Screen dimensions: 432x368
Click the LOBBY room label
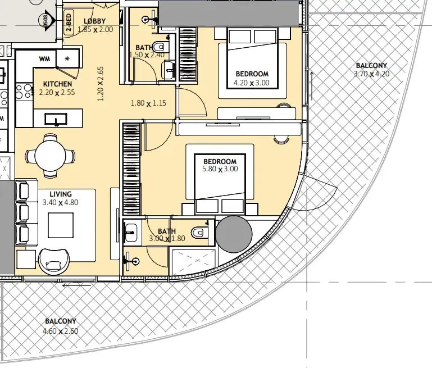pos(94,21)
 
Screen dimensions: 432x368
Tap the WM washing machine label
pos(44,58)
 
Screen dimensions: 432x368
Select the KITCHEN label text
pos(58,84)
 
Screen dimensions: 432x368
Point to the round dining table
pos(50,156)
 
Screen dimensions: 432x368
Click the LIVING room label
pos(61,194)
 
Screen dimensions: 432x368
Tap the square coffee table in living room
pos(61,225)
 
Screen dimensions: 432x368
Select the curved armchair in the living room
pos(54,262)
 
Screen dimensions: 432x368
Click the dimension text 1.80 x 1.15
pos(148,103)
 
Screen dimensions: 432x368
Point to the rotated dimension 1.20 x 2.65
pos(101,84)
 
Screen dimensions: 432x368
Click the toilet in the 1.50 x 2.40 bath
pos(158,47)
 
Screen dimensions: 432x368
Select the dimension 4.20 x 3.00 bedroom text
pos(252,83)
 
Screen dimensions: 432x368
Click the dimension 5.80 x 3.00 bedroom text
pos(220,169)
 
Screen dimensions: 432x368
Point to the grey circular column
pos(234,234)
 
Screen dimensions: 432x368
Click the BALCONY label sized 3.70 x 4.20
pos(371,66)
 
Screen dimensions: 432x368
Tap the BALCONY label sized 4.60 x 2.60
pos(61,321)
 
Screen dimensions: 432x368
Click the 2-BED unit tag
pos(69,22)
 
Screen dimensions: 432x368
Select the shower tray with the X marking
pos(193,262)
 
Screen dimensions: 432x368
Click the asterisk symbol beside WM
pos(67,58)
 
